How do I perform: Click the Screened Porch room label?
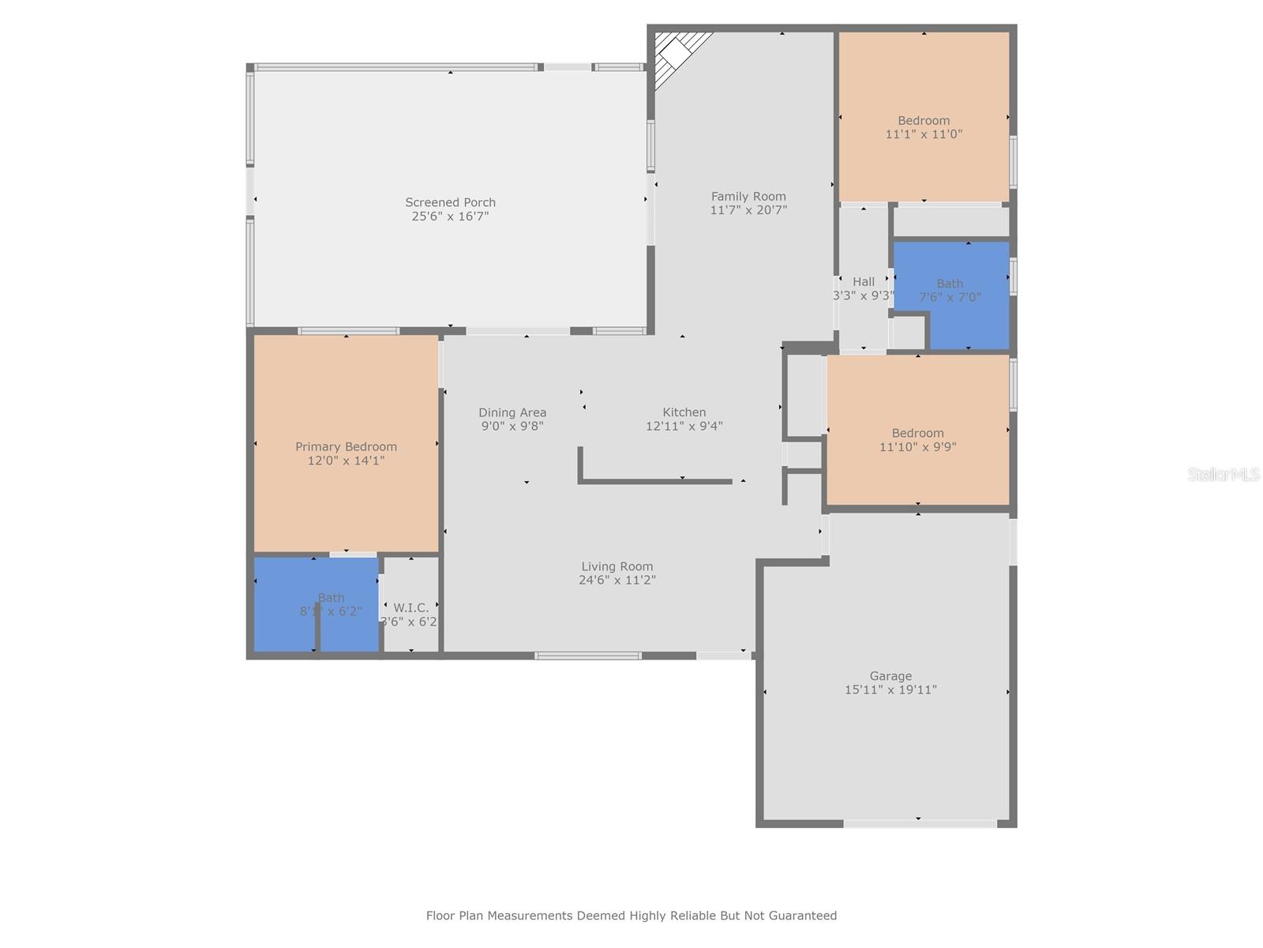point(450,202)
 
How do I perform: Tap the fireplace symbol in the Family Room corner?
point(676,54)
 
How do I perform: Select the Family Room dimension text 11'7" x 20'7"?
point(748,210)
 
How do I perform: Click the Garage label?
point(890,676)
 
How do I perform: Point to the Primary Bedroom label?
point(346,447)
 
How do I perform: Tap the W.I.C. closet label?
point(410,608)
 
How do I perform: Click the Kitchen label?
point(684,412)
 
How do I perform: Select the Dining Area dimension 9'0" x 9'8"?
point(512,427)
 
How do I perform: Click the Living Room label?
point(617,566)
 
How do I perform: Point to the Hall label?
point(863,282)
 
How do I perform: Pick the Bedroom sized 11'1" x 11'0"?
point(923,127)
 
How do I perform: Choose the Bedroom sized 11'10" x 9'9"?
point(917,439)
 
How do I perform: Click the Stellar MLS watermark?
point(1224,475)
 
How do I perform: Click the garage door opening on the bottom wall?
point(920,824)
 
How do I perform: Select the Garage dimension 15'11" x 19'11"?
point(890,690)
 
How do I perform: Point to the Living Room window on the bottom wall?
point(587,655)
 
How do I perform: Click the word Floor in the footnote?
point(440,916)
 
